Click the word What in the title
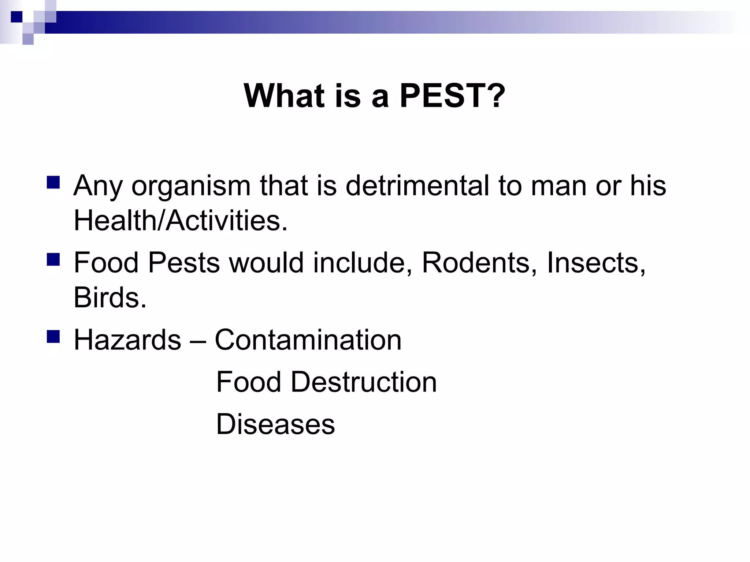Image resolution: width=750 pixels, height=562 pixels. click(x=284, y=96)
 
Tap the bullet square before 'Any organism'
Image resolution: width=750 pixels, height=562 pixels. click(x=53, y=182)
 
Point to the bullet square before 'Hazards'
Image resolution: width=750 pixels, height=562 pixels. click(x=53, y=337)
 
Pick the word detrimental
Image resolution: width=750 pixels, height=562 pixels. click(x=417, y=186)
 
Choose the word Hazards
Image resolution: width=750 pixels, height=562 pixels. click(x=127, y=340)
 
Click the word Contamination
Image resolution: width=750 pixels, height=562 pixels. click(x=308, y=340)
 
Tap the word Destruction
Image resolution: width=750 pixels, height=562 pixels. click(x=364, y=382)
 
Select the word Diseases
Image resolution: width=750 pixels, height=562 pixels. click(x=275, y=424)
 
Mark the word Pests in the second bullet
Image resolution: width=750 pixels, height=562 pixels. click(x=183, y=263)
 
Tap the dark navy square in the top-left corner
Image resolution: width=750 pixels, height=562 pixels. click(x=16, y=17)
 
